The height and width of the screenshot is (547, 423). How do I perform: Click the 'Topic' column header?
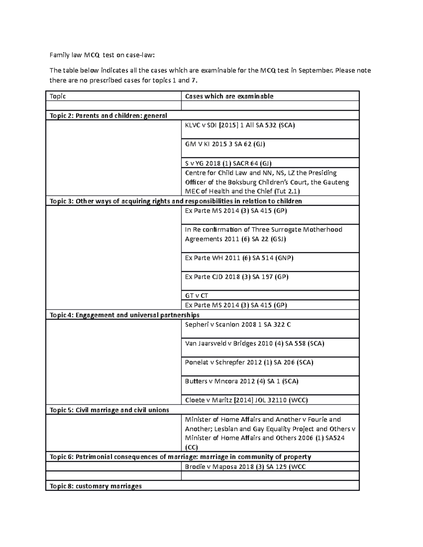coord(58,96)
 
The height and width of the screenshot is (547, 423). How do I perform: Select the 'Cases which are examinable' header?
coord(229,96)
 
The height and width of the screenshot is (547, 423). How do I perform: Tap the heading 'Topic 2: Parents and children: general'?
coord(108,116)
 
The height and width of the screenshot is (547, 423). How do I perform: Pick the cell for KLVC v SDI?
coord(240,125)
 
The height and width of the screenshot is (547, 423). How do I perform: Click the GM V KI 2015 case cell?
coord(225,144)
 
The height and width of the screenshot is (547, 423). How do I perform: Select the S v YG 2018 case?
coord(228,163)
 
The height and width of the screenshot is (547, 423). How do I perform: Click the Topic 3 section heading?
coord(176,201)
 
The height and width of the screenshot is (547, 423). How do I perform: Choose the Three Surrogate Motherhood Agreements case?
coord(263,234)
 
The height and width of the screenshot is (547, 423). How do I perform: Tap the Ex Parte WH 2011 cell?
coord(239,258)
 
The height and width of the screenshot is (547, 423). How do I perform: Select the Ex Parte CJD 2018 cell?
coord(237,277)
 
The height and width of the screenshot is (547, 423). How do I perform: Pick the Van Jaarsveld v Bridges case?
coord(255,343)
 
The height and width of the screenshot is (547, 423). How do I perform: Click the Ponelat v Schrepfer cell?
coord(249,362)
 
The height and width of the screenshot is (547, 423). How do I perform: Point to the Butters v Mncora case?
coord(241,381)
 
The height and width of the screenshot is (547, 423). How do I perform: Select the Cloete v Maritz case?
coord(246,400)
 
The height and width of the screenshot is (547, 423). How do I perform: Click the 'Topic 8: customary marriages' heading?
coord(96,486)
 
